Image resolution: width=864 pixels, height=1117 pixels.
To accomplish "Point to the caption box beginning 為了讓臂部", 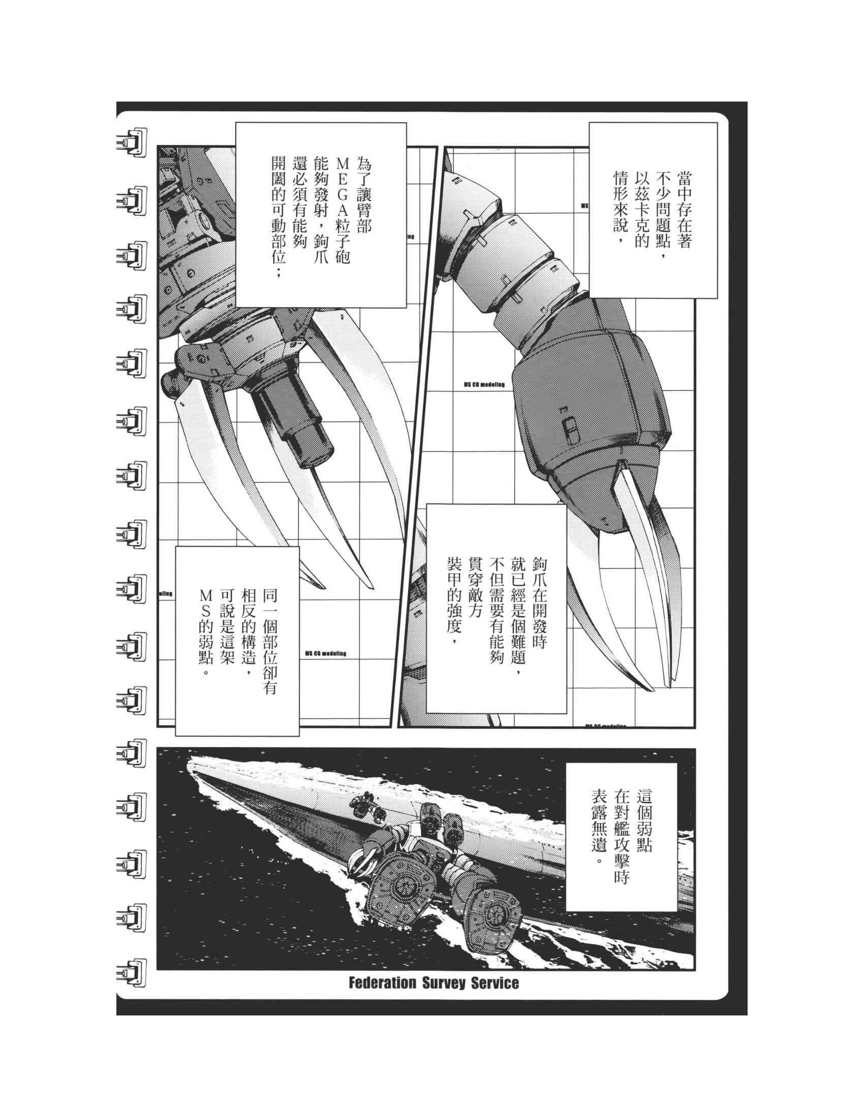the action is point(321,215).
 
